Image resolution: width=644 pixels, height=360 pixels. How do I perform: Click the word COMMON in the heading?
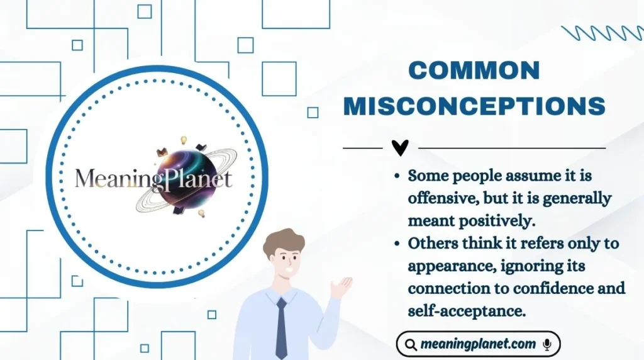(x=474, y=70)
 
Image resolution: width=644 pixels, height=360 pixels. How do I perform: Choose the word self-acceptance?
(x=467, y=311)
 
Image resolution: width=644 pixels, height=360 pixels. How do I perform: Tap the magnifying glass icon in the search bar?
(x=411, y=345)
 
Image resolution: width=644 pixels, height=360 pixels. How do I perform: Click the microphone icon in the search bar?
(x=547, y=344)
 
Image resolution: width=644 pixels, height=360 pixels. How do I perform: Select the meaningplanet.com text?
(x=479, y=344)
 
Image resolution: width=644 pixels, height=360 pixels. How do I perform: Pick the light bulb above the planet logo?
(x=184, y=140)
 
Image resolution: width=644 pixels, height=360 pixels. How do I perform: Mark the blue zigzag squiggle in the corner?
(x=601, y=33)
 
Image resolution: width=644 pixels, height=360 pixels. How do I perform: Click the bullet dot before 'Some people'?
(x=398, y=176)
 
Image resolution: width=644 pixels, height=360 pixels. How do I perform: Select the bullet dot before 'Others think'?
(x=398, y=244)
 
